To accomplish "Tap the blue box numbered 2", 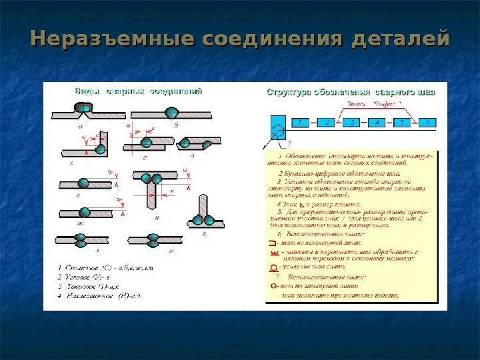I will [327, 123].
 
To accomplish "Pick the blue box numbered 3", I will [353, 123].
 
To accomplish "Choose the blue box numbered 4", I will [378, 123].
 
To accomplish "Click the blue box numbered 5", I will [402, 123].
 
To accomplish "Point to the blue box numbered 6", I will [427, 123].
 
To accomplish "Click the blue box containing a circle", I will [279, 126].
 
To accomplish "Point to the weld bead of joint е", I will [84, 182].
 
